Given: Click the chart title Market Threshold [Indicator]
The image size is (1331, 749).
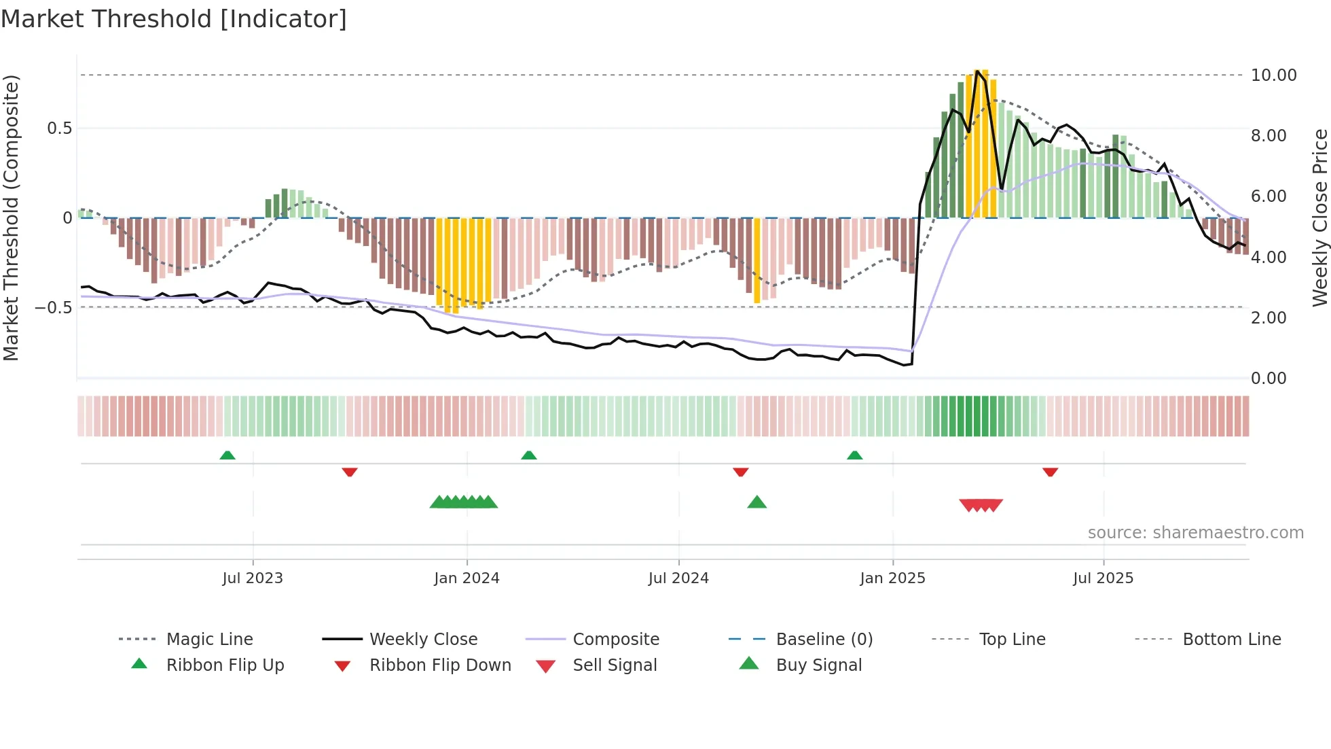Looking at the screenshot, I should pyautogui.click(x=174, y=19).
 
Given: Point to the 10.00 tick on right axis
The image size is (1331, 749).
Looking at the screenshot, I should pyautogui.click(x=1273, y=75).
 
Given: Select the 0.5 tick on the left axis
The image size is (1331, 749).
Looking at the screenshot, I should pyautogui.click(x=59, y=128).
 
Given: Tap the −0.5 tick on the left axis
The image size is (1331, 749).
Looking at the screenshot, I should pyautogui.click(x=54, y=307).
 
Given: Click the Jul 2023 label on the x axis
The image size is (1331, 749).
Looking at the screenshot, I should pyautogui.click(x=253, y=578).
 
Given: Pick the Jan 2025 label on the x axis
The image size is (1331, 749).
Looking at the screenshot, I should pyautogui.click(x=892, y=578).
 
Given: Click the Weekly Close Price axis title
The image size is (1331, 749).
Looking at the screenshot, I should pyautogui.click(x=1319, y=217).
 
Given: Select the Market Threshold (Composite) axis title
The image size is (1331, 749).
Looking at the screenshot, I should pyautogui.click(x=11, y=217).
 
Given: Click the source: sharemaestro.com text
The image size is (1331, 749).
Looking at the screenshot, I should pyautogui.click(x=1195, y=533).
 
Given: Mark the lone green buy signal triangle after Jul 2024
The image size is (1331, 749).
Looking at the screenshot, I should pyautogui.click(x=756, y=502).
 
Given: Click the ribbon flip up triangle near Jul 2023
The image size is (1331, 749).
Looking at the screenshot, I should pyautogui.click(x=227, y=455).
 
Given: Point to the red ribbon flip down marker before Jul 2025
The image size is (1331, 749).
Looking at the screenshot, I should pyautogui.click(x=1050, y=472).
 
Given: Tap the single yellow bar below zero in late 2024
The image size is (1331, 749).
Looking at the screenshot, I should pyautogui.click(x=757, y=260).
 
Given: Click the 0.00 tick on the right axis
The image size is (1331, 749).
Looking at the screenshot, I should pyautogui.click(x=1268, y=379).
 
